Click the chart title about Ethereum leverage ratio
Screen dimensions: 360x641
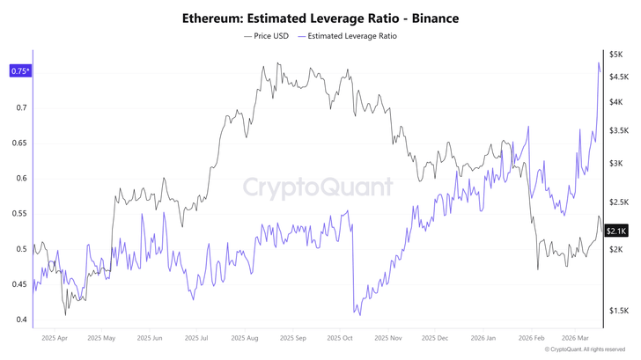click(320, 18)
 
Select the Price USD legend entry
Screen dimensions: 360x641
click(268, 37)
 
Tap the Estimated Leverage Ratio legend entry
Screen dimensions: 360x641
click(348, 37)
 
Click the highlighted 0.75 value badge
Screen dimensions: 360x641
click(18, 71)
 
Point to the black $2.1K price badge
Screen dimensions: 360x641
click(615, 231)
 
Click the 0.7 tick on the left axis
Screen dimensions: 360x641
click(21, 107)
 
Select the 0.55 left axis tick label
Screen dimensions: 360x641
click(19, 214)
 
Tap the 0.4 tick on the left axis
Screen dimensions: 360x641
click(21, 320)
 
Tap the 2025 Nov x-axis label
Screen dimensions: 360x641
click(387, 337)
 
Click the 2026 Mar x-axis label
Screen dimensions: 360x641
click(580, 337)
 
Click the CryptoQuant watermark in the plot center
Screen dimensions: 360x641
click(318, 187)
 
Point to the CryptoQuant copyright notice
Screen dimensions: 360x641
click(586, 350)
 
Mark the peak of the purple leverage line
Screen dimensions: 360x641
click(599, 63)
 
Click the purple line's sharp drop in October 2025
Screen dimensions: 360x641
click(352, 264)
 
